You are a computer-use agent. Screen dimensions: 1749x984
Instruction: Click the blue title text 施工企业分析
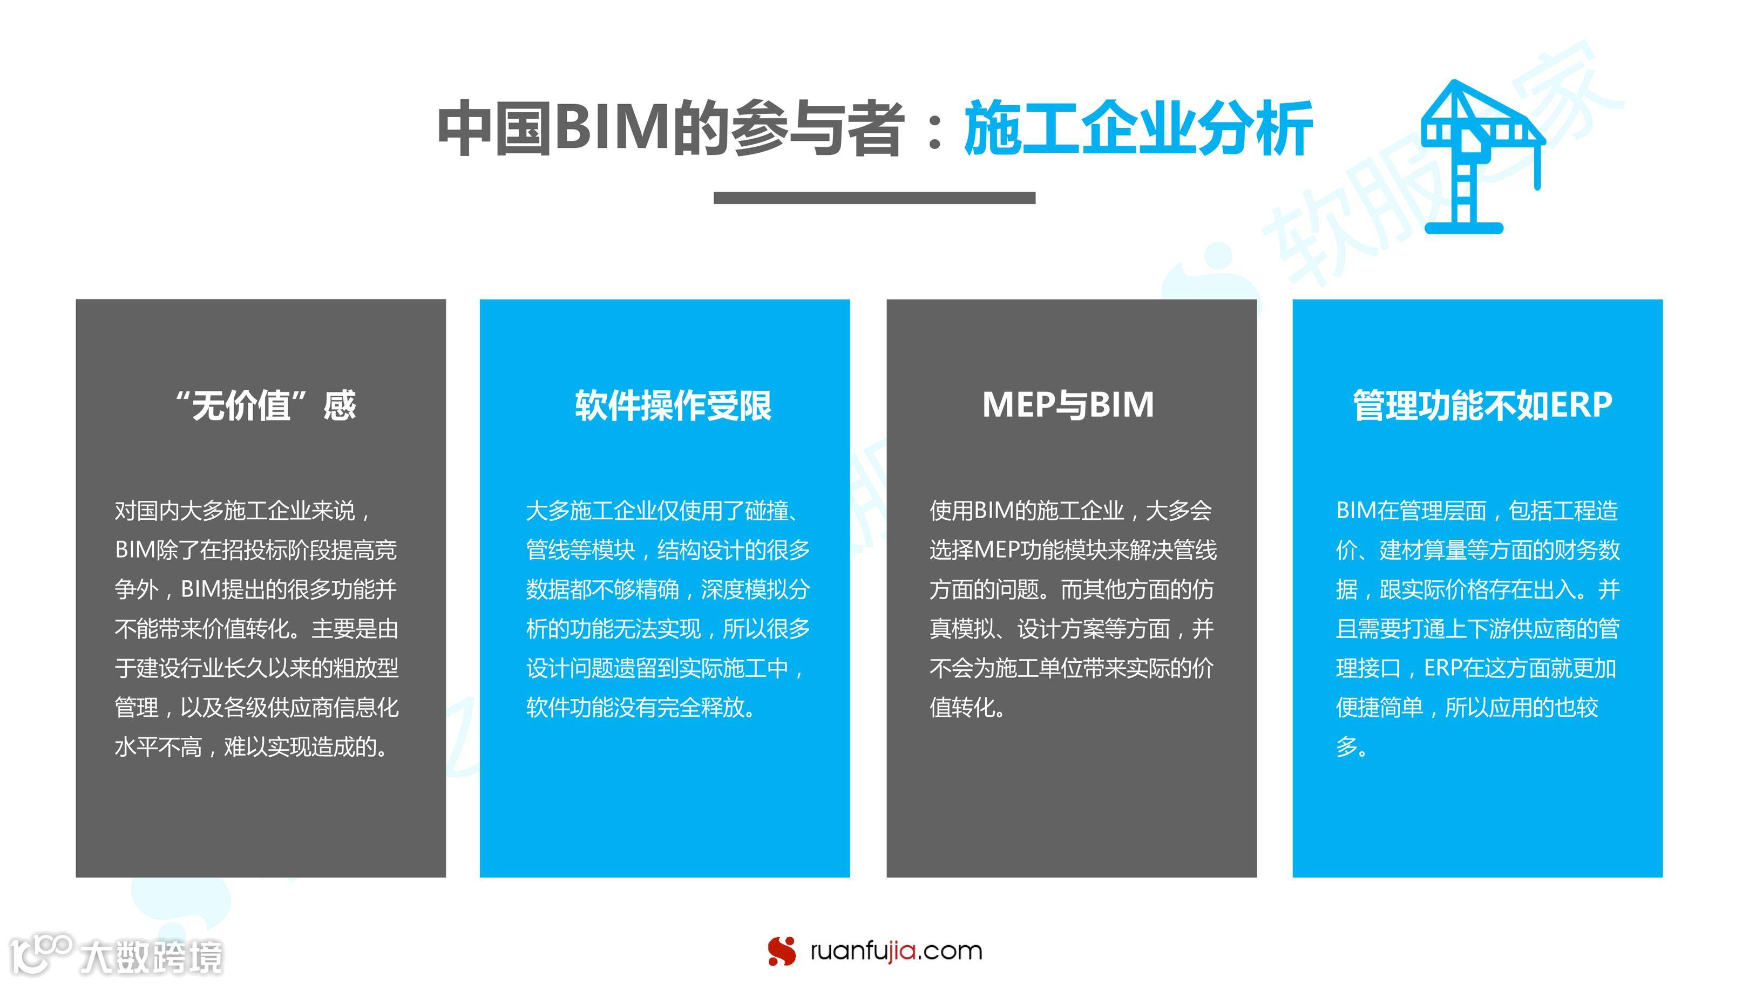click(x=1138, y=129)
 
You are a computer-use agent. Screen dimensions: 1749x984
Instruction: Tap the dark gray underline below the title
click(x=874, y=198)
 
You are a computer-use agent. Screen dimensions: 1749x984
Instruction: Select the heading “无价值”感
click(x=266, y=405)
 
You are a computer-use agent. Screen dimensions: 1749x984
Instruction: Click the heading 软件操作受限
click(x=673, y=405)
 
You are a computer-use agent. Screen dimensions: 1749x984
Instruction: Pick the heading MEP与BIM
click(x=1068, y=405)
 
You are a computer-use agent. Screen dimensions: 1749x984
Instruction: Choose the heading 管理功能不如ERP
click(x=1482, y=405)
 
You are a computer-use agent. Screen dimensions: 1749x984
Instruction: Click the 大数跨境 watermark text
click(x=151, y=957)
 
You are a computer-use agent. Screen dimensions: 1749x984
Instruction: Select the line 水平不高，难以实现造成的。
click(x=253, y=747)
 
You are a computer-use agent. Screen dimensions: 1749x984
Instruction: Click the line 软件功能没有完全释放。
click(x=641, y=708)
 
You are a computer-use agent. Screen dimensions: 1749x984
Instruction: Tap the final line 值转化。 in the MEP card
click(x=967, y=708)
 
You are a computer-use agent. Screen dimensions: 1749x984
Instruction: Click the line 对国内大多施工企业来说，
click(x=242, y=511)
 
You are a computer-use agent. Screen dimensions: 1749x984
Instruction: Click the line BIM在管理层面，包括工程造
click(x=1477, y=511)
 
